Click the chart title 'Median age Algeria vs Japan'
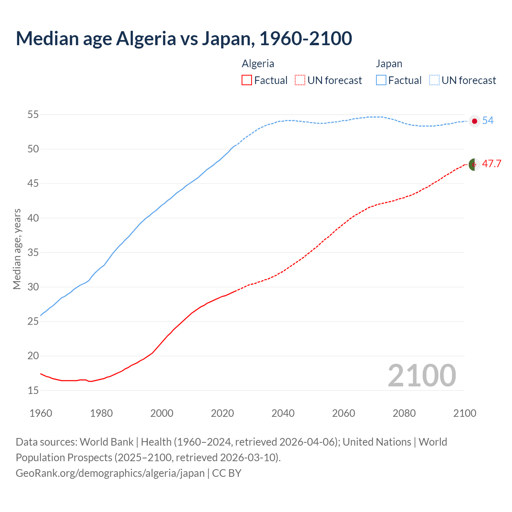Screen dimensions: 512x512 pyautogui.click(x=184, y=38)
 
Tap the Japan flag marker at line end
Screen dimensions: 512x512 pyautogui.click(x=474, y=121)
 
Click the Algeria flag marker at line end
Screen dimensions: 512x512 pyautogui.click(x=474, y=164)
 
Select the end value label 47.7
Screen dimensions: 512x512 pyautogui.click(x=492, y=164)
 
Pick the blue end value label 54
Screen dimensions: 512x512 pyautogui.click(x=488, y=120)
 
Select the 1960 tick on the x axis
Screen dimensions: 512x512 pyautogui.click(x=41, y=413)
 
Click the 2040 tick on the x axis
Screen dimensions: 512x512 pyautogui.click(x=283, y=413)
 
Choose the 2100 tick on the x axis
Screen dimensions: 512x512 pyautogui.click(x=464, y=413)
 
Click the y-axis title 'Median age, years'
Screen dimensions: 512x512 pyautogui.click(x=17, y=249)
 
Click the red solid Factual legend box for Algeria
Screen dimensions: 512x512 pyautogui.click(x=247, y=80)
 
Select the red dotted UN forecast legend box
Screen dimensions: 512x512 pyautogui.click(x=300, y=80)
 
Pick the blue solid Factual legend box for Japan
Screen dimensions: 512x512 pyautogui.click(x=381, y=80)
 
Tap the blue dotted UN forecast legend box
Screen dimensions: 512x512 pyautogui.click(x=434, y=80)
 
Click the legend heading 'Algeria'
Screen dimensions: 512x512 pyautogui.click(x=258, y=64)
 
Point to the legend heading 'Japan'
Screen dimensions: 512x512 pyautogui.click(x=389, y=64)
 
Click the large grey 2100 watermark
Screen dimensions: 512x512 pyautogui.click(x=422, y=376)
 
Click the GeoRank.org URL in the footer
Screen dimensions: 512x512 pyautogui.click(x=110, y=473)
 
